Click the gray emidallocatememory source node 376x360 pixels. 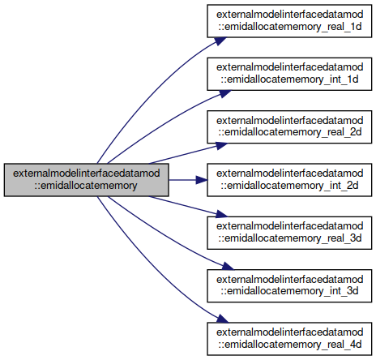[x=87, y=180]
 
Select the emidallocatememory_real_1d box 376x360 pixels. [x=289, y=21]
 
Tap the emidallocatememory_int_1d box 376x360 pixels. [x=289, y=74]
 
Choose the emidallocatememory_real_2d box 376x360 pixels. [x=289, y=126]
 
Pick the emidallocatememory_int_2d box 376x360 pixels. [x=289, y=180]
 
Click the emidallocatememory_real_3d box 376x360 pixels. [x=289, y=233]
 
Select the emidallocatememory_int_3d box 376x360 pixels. [x=289, y=285]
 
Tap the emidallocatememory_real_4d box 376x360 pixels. [x=289, y=339]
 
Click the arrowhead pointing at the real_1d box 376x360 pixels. [x=220, y=41]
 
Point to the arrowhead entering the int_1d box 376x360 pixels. [x=224, y=93]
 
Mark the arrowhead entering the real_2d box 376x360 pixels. [x=221, y=146]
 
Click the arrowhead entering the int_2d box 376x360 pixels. [x=201, y=180]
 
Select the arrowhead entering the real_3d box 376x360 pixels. [x=221, y=214]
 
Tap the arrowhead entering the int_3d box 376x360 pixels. [x=228, y=266]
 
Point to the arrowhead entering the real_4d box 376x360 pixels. [x=222, y=319]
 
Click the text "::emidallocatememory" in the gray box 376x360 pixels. [x=86, y=186]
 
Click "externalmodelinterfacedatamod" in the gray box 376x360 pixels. [x=87, y=174]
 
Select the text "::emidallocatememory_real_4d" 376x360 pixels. [x=289, y=345]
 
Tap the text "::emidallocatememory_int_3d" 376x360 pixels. [x=289, y=292]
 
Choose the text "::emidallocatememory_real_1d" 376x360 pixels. [x=289, y=27]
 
